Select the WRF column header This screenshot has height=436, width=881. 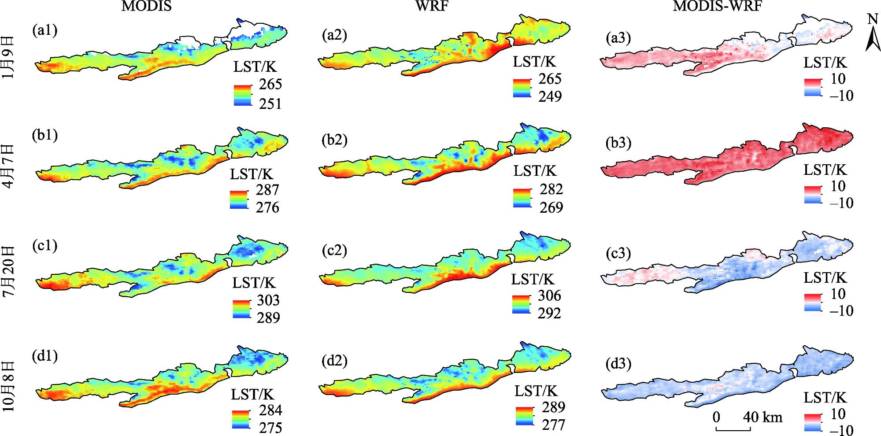pos(433,7)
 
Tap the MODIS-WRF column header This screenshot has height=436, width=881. pos(718,7)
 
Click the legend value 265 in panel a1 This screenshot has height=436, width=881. pos(270,84)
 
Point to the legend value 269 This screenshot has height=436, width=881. pos(551,207)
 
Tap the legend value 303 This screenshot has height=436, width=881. pos(268,300)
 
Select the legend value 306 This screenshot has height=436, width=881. pos(549,295)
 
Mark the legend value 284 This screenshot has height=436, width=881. pos(270,410)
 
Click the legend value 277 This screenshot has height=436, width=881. pos(553,425)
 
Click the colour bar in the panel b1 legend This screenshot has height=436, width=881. pos(239,199)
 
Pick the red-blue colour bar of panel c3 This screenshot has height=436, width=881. pos(812,303)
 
